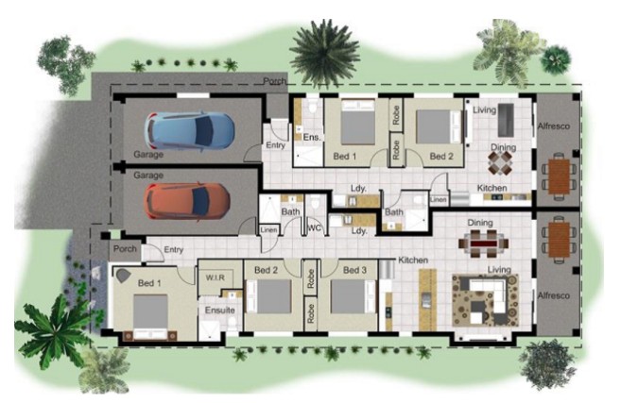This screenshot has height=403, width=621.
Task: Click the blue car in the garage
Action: (x=189, y=130)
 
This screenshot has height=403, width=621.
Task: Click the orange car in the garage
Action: (x=187, y=201)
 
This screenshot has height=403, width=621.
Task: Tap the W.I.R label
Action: (x=216, y=277)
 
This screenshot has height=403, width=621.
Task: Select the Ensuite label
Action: (x=220, y=311)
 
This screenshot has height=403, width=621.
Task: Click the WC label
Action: (x=314, y=228)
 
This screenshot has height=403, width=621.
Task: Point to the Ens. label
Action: (x=312, y=137)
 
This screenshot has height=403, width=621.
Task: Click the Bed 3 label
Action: (x=354, y=270)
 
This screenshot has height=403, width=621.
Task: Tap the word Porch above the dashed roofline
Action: (x=274, y=81)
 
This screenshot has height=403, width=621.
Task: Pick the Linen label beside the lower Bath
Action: (x=269, y=229)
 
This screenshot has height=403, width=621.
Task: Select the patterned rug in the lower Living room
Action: (x=485, y=300)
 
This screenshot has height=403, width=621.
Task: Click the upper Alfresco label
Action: (x=554, y=126)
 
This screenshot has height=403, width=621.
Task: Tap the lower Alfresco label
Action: (x=554, y=295)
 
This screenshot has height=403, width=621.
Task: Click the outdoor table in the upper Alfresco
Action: (x=559, y=176)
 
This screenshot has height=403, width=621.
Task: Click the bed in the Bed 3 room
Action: (x=353, y=296)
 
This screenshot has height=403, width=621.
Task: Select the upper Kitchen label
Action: (x=492, y=188)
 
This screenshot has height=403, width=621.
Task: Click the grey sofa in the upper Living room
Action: (x=506, y=120)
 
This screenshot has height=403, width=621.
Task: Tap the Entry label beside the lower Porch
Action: (x=174, y=249)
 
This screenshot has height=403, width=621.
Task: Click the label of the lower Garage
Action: (x=148, y=176)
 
